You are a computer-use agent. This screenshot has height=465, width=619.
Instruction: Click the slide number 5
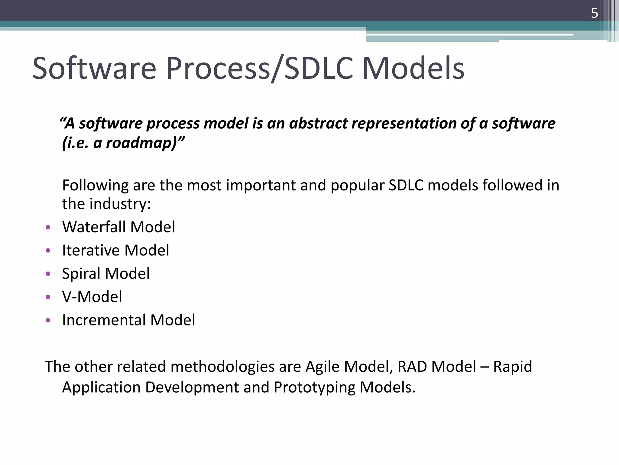[594, 13]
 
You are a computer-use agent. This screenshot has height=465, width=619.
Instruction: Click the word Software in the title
[94, 68]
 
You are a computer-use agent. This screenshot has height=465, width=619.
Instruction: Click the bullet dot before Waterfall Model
[48, 227]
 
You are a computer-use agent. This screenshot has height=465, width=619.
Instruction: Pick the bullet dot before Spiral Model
[48, 274]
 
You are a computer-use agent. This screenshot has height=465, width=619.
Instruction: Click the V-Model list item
[92, 297]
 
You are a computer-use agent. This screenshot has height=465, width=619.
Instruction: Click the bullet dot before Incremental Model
[48, 320]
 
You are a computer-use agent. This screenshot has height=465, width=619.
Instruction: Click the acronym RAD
[412, 367]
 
